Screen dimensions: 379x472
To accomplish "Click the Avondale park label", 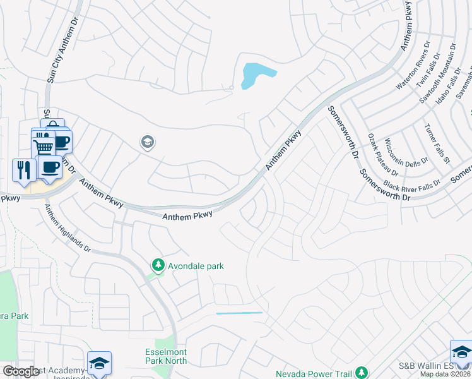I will pyautogui.click(x=195, y=266).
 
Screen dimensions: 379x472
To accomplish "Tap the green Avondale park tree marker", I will pyautogui.click(x=157, y=266).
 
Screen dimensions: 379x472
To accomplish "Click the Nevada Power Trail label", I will pyautogui.click(x=315, y=373).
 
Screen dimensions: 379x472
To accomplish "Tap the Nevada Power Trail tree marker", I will pyautogui.click(x=362, y=373).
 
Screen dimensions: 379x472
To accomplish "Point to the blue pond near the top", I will pyautogui.click(x=256, y=75).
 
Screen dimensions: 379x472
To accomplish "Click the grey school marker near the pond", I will pyautogui.click(x=148, y=143).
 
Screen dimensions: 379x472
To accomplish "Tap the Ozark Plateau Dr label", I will pyautogui.click(x=382, y=153).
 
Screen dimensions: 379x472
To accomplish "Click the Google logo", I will pyautogui.click(x=21, y=371).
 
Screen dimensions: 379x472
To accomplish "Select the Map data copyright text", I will pyautogui.click(x=444, y=374).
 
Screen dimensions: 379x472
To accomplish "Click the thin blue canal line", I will pyautogui.click(x=239, y=313).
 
